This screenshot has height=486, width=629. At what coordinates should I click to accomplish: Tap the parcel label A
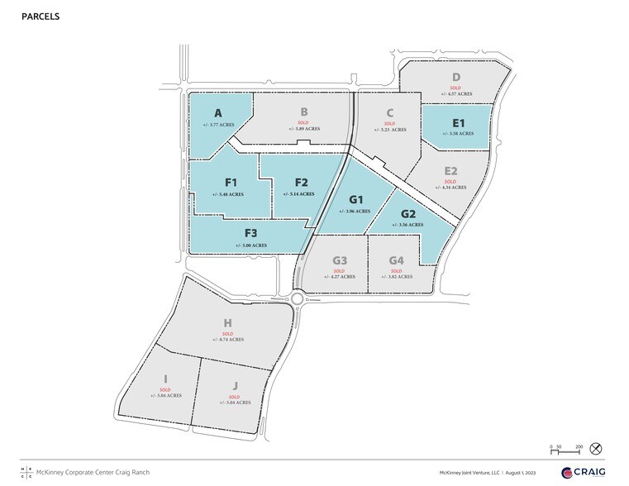pos(218,112)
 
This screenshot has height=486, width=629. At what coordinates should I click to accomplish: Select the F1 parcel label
pos(231,182)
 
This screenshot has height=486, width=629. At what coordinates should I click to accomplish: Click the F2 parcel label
pos(301,182)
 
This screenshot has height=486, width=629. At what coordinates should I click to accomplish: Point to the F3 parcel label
pos(250,234)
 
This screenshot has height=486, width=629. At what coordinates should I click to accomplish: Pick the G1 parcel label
pos(357,199)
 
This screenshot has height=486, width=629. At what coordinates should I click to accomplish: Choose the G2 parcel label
pos(408,212)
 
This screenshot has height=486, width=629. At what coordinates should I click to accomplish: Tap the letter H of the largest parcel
pos(227,325)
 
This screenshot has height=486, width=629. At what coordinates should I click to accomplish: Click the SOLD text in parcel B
pos(303,122)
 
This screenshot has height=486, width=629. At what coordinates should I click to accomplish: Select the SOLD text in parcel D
pos(455,87)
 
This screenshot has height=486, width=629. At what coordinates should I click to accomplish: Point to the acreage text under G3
pos(339,277)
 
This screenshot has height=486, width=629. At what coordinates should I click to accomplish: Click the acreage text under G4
pos(396,277)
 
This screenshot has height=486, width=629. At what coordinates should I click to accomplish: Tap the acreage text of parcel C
pos(389,130)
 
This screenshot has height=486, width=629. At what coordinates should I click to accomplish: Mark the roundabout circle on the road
pos(298,298)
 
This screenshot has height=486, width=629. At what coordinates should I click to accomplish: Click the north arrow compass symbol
pos(597,449)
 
